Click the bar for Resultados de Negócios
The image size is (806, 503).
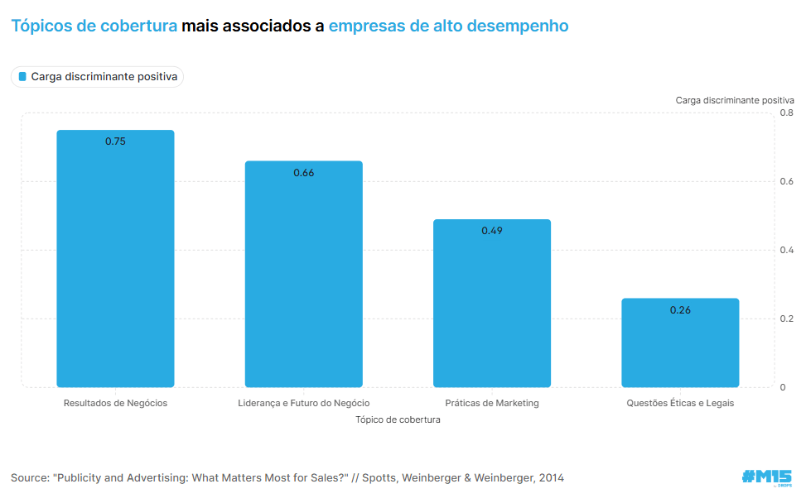[115, 265]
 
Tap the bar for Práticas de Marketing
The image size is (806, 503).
[492, 306]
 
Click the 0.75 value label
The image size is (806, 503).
[115, 141]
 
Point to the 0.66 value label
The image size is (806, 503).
[303, 173]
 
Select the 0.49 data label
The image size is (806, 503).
[492, 231]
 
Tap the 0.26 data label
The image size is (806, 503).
[680, 310]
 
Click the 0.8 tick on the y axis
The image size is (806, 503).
[787, 113]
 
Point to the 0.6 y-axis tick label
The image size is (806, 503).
[787, 181]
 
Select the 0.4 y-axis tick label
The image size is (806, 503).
[787, 250]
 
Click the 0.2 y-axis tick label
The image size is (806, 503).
[787, 319]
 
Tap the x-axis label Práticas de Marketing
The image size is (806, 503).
[492, 403]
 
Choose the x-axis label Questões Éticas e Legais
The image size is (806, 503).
[680, 403]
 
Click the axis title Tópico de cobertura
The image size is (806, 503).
[398, 419]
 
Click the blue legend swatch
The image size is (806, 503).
[22, 77]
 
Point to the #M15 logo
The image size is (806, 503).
[766, 477]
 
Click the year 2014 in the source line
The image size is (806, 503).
[551, 478]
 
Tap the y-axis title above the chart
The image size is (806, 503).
[735, 99]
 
